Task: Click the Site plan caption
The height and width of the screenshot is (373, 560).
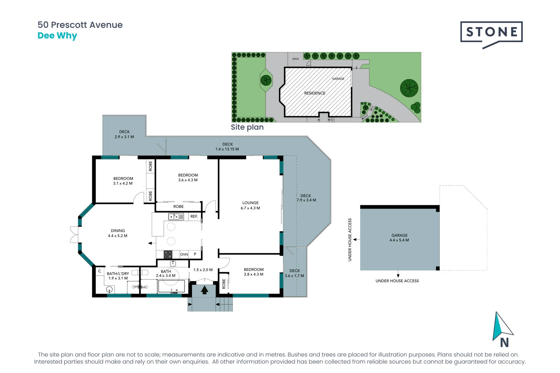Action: pyautogui.click(x=247, y=127)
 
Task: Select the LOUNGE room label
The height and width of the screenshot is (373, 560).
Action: pyautogui.click(x=250, y=203)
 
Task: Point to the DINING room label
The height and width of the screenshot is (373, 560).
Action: pyautogui.click(x=118, y=231)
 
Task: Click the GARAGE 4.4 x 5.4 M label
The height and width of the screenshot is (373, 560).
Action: pyautogui.click(x=399, y=238)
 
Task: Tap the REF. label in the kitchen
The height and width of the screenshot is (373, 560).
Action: pyautogui.click(x=194, y=217)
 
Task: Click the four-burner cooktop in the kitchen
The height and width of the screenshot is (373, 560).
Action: pyautogui.click(x=168, y=255)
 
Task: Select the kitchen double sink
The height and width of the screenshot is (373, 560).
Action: pyautogui.click(x=176, y=217)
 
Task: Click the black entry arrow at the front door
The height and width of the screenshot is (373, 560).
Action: pyautogui.click(x=204, y=290)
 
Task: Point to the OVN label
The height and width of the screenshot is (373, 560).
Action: pyautogui.click(x=184, y=254)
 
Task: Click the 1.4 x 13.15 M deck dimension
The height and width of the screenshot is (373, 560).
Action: pyautogui.click(x=227, y=149)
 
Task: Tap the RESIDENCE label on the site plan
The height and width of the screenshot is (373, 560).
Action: pyautogui.click(x=315, y=93)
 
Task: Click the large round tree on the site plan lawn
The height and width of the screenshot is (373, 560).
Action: pyautogui.click(x=409, y=88)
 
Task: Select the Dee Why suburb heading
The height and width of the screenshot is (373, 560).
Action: pyautogui.click(x=57, y=36)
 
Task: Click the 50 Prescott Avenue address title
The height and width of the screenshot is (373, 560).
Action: pyautogui.click(x=80, y=25)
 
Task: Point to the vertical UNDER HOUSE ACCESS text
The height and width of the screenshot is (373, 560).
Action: pyautogui.click(x=350, y=240)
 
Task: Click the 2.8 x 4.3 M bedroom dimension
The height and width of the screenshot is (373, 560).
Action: pyautogui.click(x=254, y=275)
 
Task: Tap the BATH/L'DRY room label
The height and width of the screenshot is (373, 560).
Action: pyautogui.click(x=118, y=274)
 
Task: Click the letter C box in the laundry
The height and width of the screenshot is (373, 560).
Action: pyautogui.click(x=100, y=271)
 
